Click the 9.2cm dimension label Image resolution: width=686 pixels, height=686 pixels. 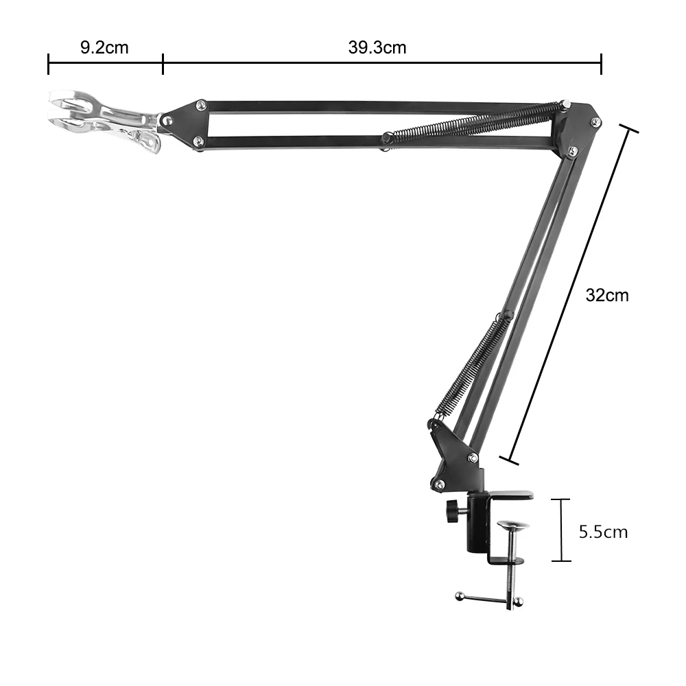(104, 47)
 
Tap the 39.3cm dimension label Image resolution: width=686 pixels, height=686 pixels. (377, 47)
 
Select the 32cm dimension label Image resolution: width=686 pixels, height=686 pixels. (607, 295)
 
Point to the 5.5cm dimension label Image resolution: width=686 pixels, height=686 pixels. (603, 532)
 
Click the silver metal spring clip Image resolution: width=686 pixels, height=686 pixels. (105, 117)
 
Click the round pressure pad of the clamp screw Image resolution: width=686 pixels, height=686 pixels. (512, 525)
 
